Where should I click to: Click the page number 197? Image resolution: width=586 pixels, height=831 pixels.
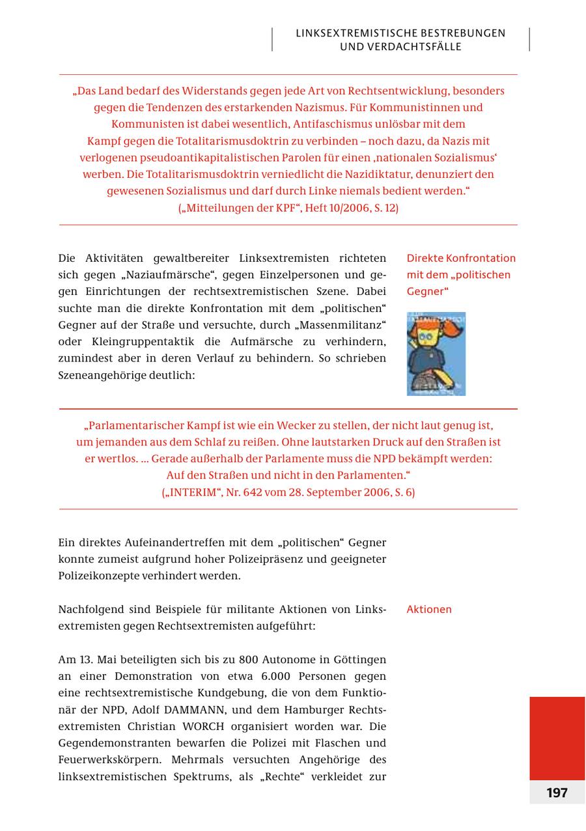[x=557, y=793]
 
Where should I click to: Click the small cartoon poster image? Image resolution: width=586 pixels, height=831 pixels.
[x=436, y=354]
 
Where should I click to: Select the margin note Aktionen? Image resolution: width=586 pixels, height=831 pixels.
[x=428, y=610]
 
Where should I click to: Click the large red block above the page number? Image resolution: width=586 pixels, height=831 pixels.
[x=557, y=737]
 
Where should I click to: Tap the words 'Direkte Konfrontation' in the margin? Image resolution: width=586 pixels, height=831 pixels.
[x=460, y=258]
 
